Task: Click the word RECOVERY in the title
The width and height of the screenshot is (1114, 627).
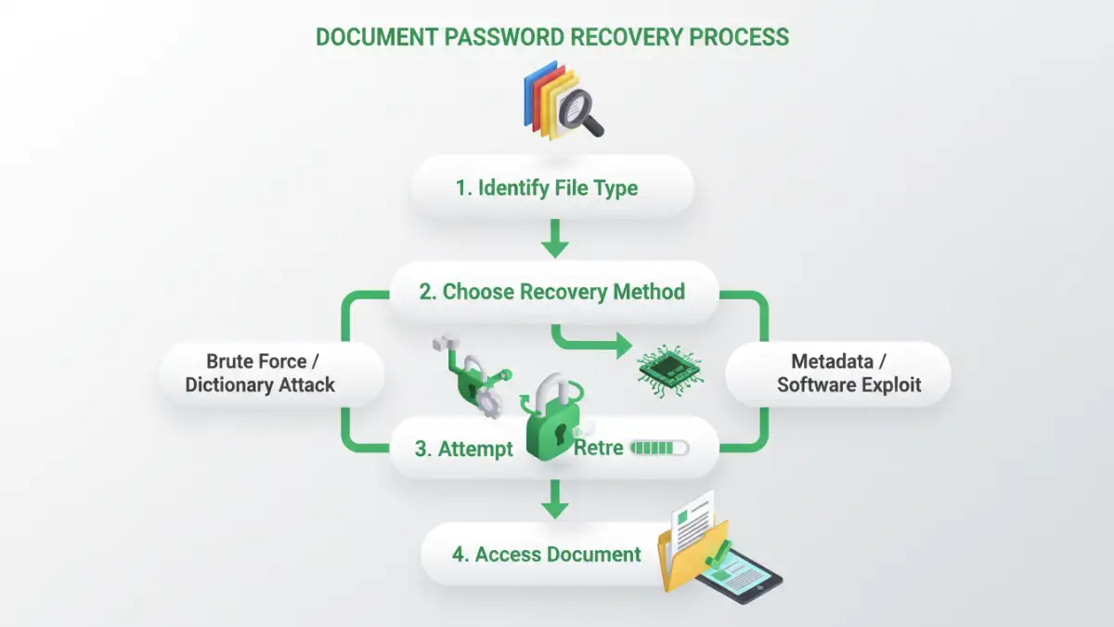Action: point(643,37)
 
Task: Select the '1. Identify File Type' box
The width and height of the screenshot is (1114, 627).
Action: point(552,189)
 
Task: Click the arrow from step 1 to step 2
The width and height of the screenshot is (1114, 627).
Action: point(554,239)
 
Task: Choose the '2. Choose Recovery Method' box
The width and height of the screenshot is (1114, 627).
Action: point(552,292)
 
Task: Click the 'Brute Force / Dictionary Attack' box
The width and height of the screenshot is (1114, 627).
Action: point(260,372)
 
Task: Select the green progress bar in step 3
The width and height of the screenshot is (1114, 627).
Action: point(658,449)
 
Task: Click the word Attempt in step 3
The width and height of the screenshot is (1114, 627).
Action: point(476,450)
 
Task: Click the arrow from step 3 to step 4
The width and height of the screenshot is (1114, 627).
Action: point(554,502)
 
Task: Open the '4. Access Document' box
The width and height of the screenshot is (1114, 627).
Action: point(546,555)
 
